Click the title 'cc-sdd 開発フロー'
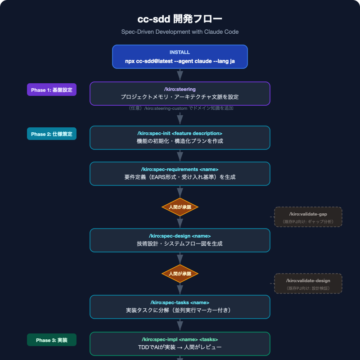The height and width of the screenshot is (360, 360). (179, 19)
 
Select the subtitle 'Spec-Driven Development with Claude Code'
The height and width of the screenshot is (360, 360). (179, 33)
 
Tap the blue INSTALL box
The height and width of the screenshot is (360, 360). (179, 56)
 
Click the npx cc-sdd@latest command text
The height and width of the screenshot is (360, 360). (179, 61)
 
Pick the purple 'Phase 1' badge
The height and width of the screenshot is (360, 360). (46, 90)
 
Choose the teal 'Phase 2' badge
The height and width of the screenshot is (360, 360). (46, 133)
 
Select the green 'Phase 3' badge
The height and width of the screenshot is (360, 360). (46, 341)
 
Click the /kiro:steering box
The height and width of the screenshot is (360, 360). (179, 93)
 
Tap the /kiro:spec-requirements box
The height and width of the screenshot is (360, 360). (179, 174)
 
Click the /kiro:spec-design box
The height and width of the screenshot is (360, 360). (179, 240)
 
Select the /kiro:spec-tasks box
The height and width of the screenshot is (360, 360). (179, 306)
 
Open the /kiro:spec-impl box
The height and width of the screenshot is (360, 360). (179, 343)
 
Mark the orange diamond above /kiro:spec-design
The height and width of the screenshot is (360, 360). (179, 207)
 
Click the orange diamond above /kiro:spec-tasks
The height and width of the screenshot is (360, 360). (179, 273)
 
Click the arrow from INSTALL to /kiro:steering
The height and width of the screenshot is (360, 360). (179, 76)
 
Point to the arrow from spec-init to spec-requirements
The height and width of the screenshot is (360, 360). (179, 156)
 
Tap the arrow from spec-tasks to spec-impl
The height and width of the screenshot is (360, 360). (179, 325)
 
